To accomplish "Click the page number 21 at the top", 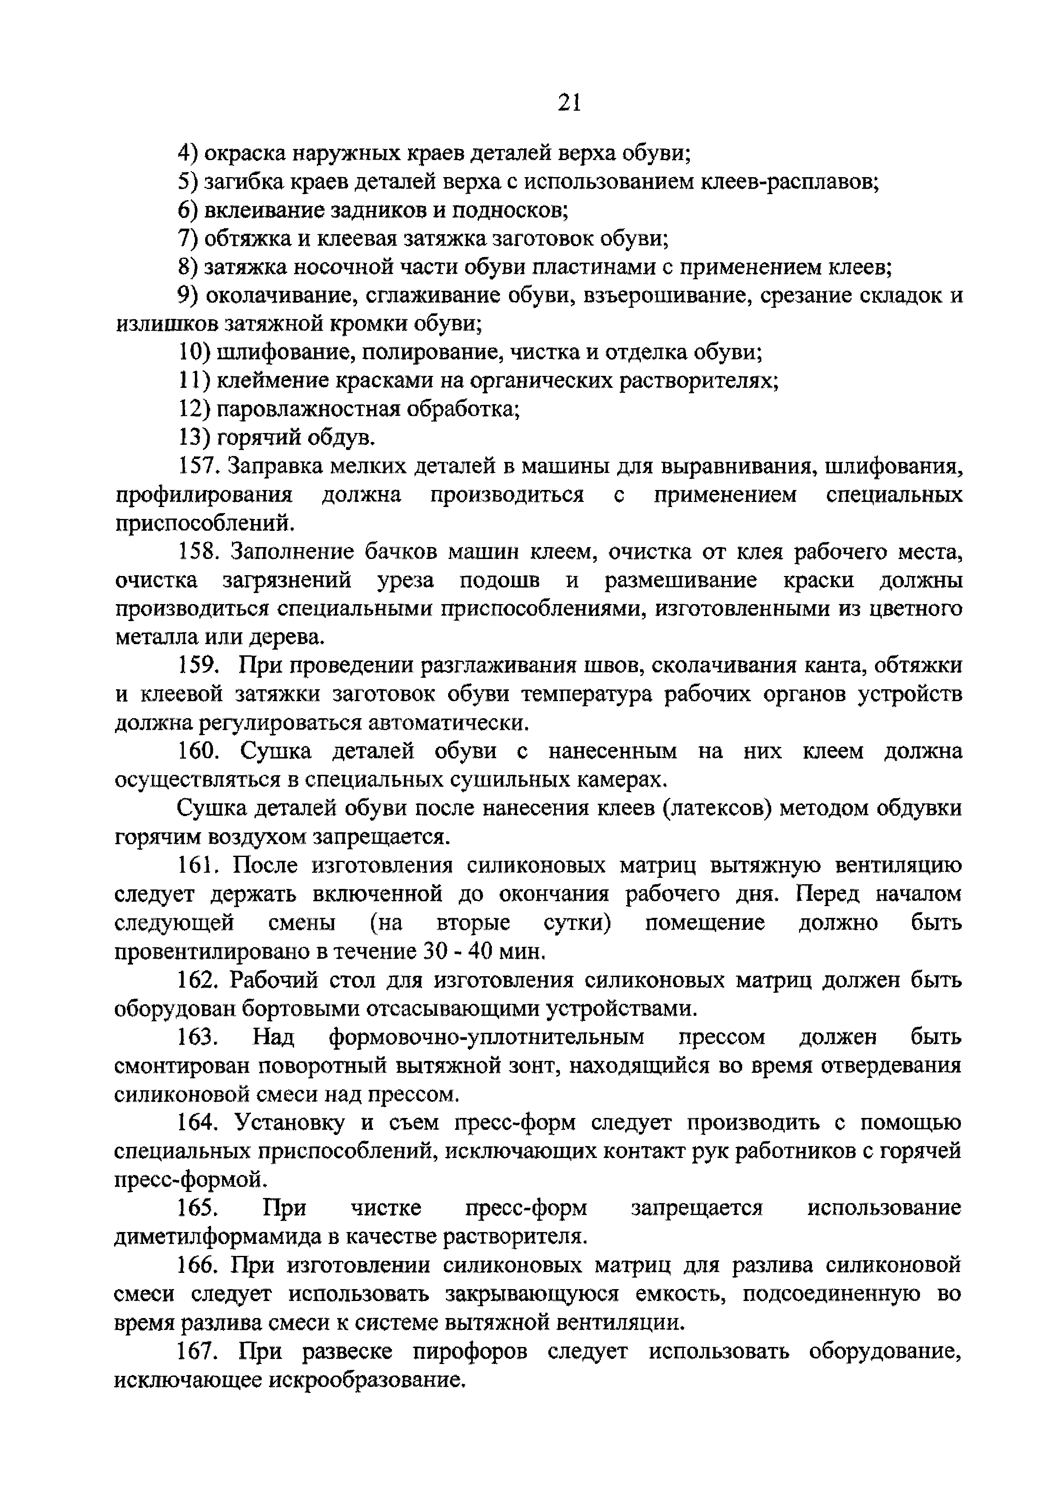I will click(x=568, y=103).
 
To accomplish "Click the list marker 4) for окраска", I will click(x=189, y=153).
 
